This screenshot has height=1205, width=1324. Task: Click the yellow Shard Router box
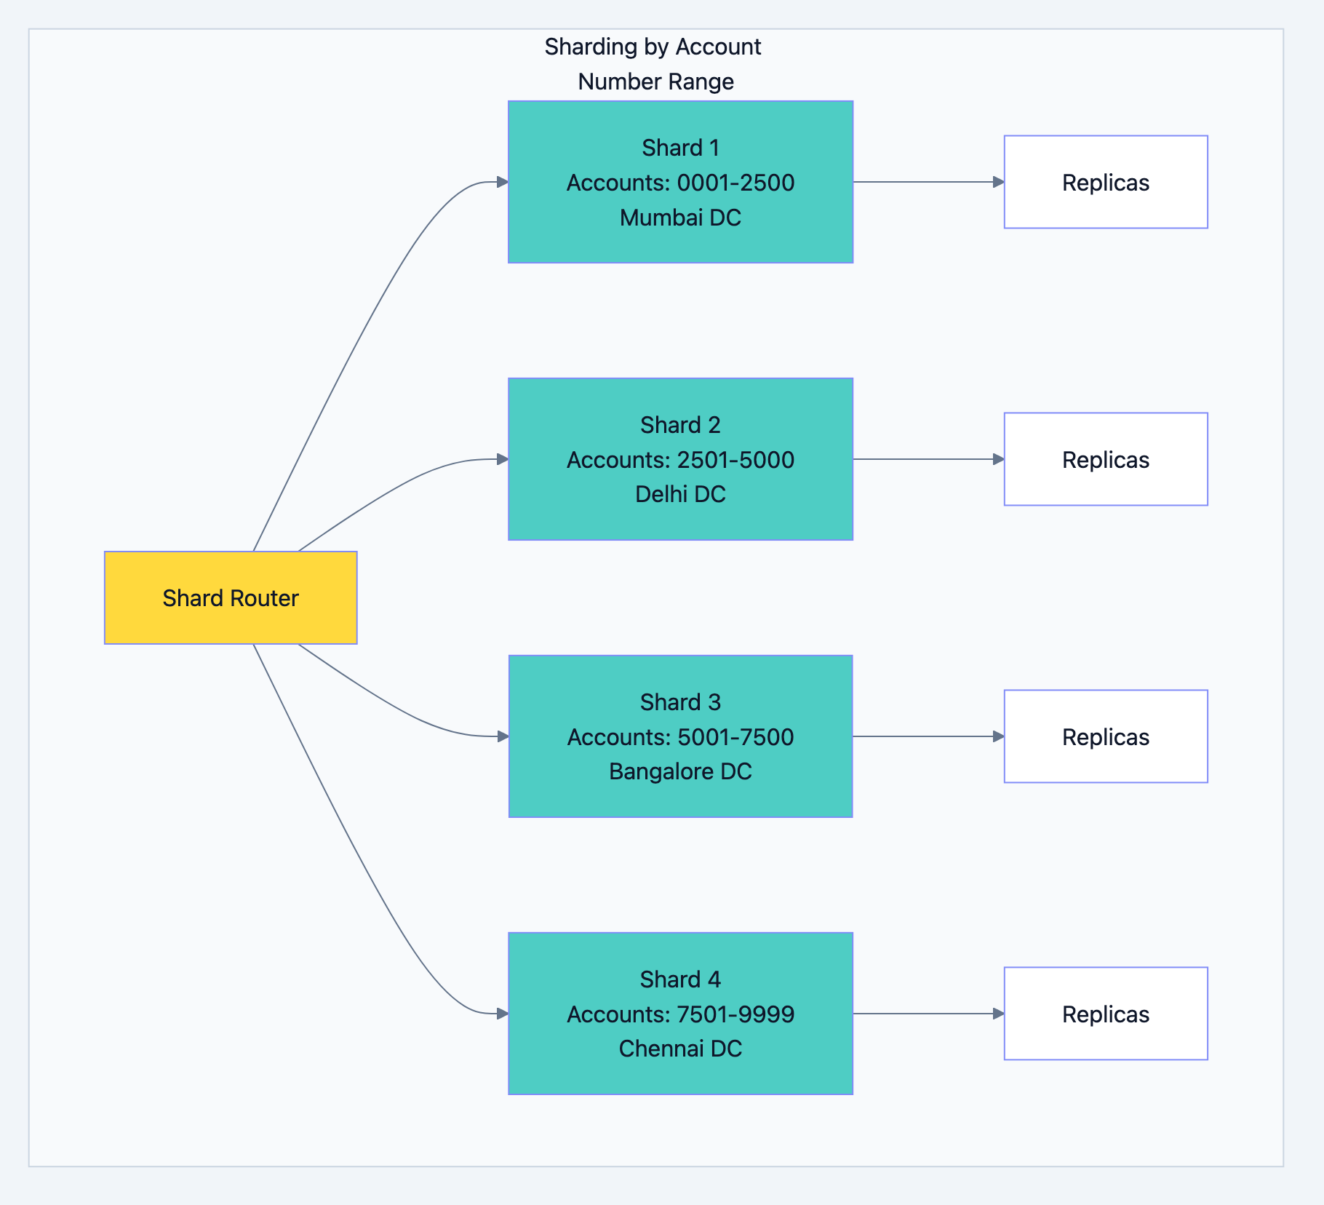[231, 597]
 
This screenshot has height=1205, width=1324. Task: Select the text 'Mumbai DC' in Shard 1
[680, 218]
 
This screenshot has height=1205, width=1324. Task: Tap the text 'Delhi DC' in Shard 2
[680, 494]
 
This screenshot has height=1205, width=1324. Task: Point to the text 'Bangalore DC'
[680, 771]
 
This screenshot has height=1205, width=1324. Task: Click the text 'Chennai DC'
[680, 1049]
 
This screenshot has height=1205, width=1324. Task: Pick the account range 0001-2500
[735, 183]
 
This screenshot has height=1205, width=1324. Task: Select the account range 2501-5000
[735, 460]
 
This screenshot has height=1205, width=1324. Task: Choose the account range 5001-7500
[735, 737]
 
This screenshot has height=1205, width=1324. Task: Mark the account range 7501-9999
[735, 1014]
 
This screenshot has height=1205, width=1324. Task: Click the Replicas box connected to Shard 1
[1105, 182]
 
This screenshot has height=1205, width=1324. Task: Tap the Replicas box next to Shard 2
[1105, 459]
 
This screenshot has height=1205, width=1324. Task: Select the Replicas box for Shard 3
[1105, 736]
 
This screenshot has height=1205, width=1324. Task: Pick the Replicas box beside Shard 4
[1105, 1014]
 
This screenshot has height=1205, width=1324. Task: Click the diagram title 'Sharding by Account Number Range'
[653, 64]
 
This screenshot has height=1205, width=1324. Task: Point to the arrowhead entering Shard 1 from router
[502, 182]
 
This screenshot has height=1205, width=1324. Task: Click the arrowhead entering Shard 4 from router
[502, 1014]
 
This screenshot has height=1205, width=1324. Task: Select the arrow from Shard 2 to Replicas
[928, 459]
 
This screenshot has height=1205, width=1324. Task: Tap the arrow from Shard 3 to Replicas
[928, 736]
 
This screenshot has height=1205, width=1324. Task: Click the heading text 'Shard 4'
[680, 979]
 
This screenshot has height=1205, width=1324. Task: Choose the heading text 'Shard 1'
[680, 148]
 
